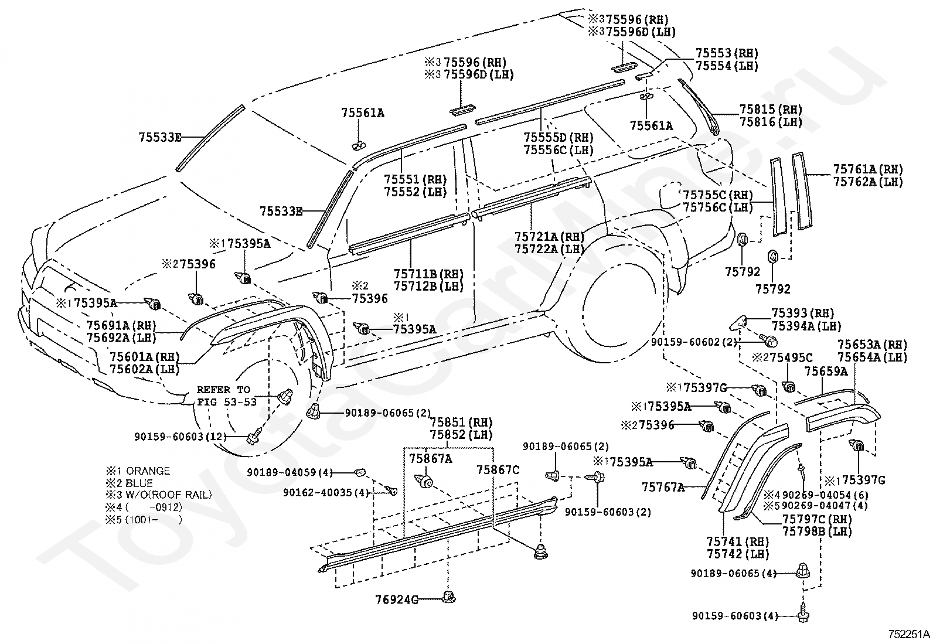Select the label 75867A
pyautogui.click(x=430, y=458)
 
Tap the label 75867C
pyautogui.click(x=498, y=469)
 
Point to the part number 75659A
pyautogui.click(x=826, y=371)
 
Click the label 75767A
pyautogui.click(x=663, y=487)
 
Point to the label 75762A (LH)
pyautogui.click(x=868, y=182)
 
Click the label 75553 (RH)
pyautogui.click(x=727, y=53)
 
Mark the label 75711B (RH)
pyautogui.click(x=428, y=274)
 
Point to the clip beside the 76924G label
pyautogui.click(x=450, y=598)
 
